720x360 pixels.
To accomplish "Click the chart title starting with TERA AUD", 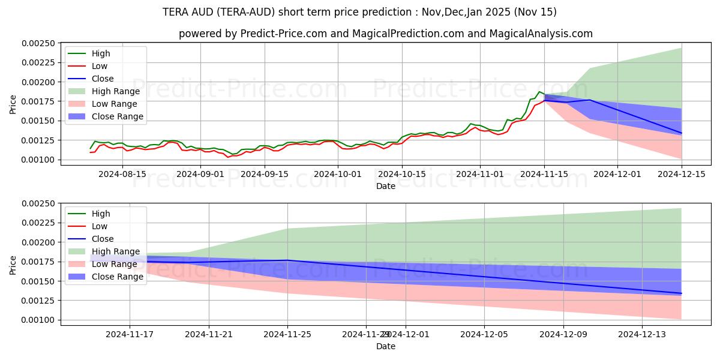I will (x=359, y=12).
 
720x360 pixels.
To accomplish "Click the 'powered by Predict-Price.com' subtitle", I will (x=385, y=34).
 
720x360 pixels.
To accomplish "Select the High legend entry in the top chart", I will (x=100, y=53).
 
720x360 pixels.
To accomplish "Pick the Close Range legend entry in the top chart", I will (x=117, y=116).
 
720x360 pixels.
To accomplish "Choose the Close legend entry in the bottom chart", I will (x=103, y=239).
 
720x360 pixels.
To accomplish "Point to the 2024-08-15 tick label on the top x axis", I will (x=122, y=174).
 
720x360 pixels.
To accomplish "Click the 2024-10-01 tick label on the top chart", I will (x=338, y=174).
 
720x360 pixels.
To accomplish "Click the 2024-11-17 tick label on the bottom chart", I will (x=130, y=334).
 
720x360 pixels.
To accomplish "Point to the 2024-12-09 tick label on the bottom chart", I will (x=563, y=334).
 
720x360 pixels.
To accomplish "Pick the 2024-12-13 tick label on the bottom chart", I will (x=643, y=334).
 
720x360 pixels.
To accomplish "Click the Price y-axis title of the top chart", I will (x=13, y=104).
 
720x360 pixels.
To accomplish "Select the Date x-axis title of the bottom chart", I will (x=385, y=346).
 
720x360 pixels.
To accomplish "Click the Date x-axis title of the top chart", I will (x=385, y=186).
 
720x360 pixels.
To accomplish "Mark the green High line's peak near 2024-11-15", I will (x=539, y=92).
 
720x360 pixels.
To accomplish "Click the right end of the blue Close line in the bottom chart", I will (x=682, y=293).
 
